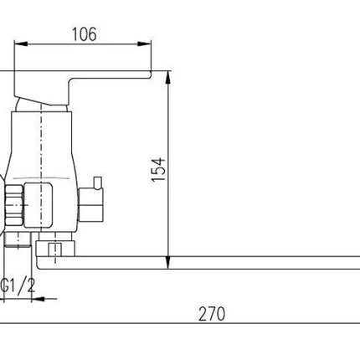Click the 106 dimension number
[x=85, y=34]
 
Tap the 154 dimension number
[x=158, y=170]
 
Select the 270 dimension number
[x=212, y=314]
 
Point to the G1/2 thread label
[x=18, y=285]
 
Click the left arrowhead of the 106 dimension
[x=21, y=44]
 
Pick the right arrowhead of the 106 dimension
[x=144, y=44]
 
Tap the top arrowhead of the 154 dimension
[x=168, y=78]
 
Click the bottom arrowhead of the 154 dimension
[x=168, y=263]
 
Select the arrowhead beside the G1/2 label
[x=39, y=299]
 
